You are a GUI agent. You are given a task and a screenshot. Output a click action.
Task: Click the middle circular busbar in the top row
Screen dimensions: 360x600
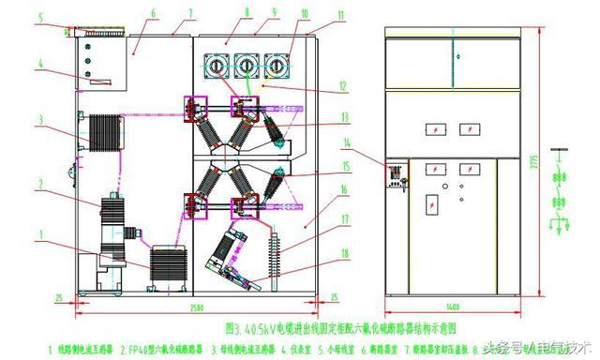[x=247, y=67]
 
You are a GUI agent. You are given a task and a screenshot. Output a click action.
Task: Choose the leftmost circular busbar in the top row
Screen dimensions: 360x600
[x=218, y=67]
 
